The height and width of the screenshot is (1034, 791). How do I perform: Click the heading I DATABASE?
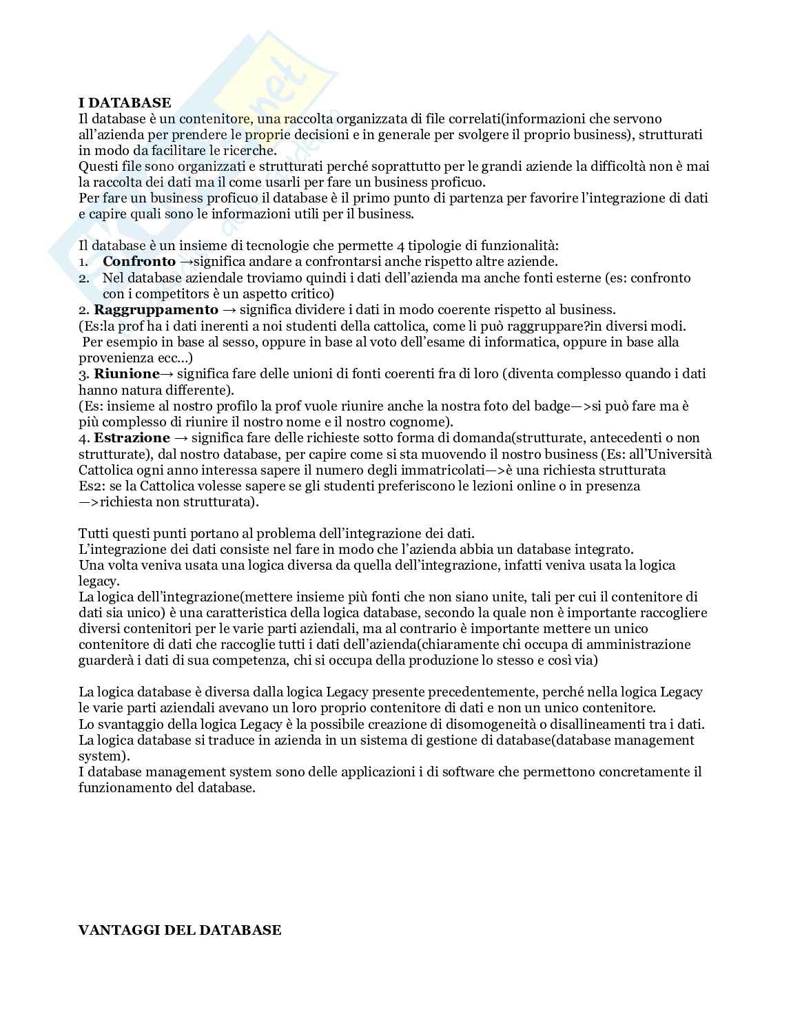pos(125,103)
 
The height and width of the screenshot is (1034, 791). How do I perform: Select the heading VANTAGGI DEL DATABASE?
pos(180,931)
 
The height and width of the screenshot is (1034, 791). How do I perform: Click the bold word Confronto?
pos(139,262)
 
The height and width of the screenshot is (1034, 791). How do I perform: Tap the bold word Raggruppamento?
pos(156,310)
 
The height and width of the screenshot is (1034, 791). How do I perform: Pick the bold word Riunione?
pos(127,374)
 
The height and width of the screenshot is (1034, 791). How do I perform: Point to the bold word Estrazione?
pos(132,438)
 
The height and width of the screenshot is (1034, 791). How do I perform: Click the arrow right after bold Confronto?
pos(185,262)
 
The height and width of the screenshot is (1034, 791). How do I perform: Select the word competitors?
pos(173,294)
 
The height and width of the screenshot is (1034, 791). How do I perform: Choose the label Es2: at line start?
pos(91,486)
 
